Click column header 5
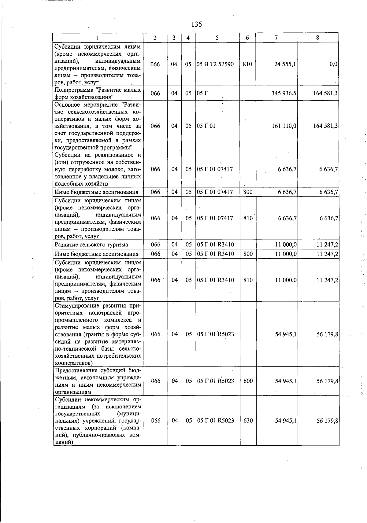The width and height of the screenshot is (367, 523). coord(217,38)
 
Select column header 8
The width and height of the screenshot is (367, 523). coord(317,38)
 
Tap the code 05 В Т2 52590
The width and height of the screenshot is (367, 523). coord(215,64)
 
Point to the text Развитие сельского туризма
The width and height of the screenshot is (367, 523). coord(91,245)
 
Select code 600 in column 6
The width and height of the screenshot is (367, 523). coord(248,381)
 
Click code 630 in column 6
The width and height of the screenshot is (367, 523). coord(248,421)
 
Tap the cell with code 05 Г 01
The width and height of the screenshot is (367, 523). coord(206,126)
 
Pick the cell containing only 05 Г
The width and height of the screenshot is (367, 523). coord(202,93)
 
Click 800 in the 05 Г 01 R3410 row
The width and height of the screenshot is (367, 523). coord(248,254)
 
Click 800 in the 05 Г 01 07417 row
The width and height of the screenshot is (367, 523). coord(248,192)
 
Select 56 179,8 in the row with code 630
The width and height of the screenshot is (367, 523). coord(327,421)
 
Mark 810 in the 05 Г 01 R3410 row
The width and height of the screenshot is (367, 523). coord(248,280)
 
